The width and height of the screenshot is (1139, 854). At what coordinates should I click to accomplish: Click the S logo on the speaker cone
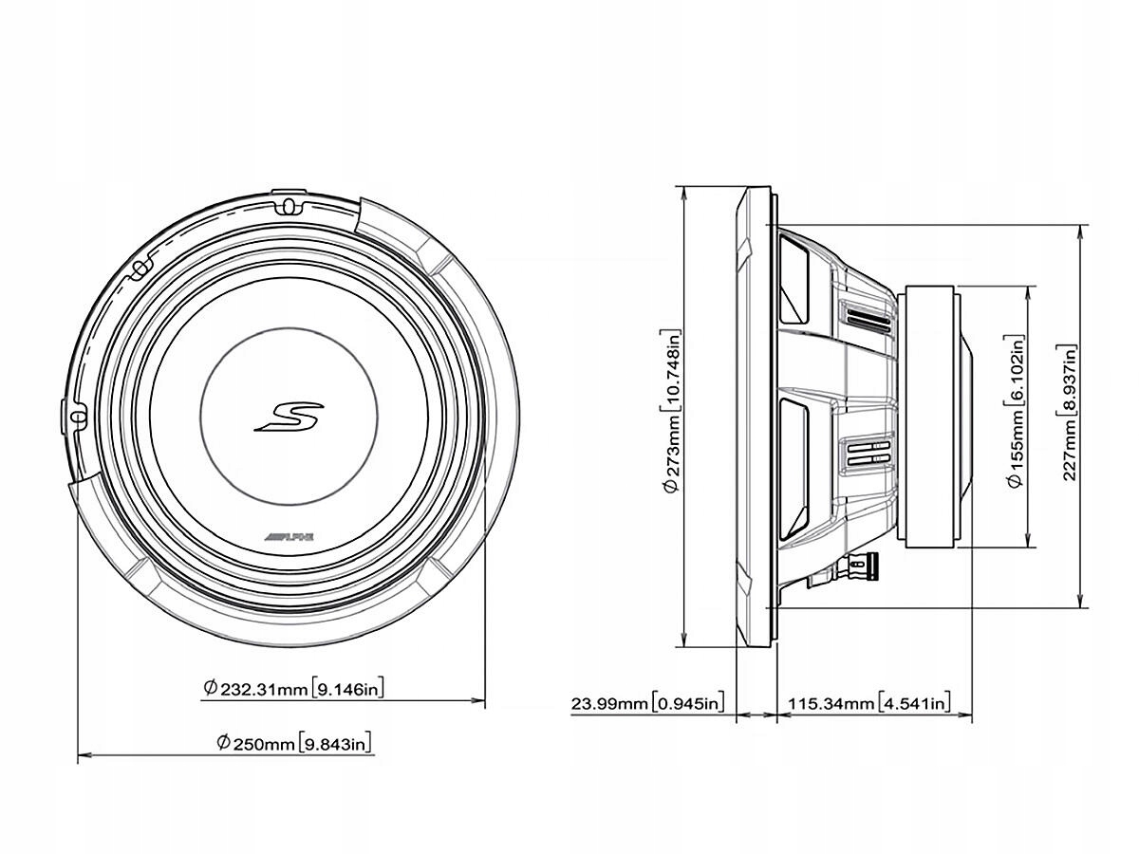289,417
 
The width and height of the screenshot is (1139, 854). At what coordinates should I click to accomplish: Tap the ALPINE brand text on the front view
289,537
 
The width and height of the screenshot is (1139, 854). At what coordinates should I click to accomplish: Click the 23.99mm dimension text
610,703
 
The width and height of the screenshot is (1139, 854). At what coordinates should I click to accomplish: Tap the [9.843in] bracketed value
335,743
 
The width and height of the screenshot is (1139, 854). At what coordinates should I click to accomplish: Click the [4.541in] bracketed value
913,703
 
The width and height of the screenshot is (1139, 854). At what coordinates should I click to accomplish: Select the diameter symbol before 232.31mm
210,688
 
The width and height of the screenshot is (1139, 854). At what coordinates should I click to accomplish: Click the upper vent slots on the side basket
865,316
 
